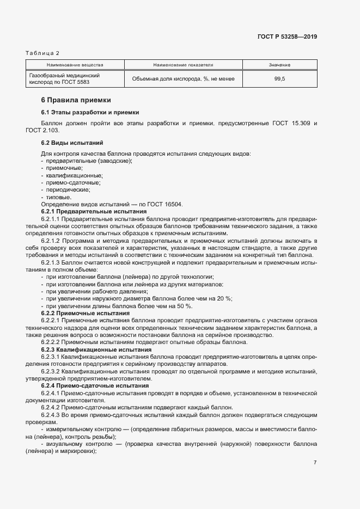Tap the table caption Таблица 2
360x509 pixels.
(42, 53)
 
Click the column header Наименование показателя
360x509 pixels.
(183, 65)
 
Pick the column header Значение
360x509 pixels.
(279, 65)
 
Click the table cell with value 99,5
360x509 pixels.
(279, 79)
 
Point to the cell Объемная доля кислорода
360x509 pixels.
(183, 79)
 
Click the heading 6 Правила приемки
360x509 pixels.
(76, 100)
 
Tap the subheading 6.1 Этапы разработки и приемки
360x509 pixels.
(90, 112)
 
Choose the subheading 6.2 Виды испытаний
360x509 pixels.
(72, 143)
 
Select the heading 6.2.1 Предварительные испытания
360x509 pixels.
(94, 211)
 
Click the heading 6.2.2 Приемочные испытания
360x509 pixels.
(86, 313)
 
